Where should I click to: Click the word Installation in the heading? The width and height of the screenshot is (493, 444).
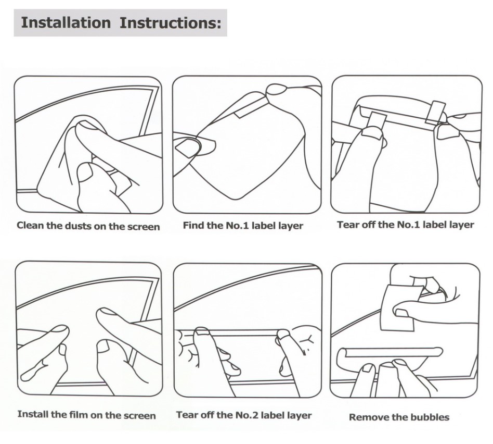pyautogui.click(x=66, y=23)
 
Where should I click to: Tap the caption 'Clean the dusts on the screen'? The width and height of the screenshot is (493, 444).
pyautogui.click(x=88, y=226)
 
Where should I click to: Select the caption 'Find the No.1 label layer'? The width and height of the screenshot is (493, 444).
pyautogui.click(x=243, y=226)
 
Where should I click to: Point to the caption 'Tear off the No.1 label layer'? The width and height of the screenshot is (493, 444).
pyautogui.click(x=405, y=225)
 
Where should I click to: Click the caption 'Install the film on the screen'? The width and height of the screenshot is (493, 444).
pyautogui.click(x=86, y=415)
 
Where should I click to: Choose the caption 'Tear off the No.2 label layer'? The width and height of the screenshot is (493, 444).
pyautogui.click(x=244, y=415)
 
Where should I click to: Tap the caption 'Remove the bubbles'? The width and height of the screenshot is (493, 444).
pyautogui.click(x=399, y=417)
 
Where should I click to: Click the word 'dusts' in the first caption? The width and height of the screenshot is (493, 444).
pyautogui.click(x=76, y=226)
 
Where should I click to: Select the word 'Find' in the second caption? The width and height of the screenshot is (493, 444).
pyautogui.click(x=193, y=226)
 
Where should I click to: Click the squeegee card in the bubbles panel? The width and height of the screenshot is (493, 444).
pyautogui.click(x=397, y=307)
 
